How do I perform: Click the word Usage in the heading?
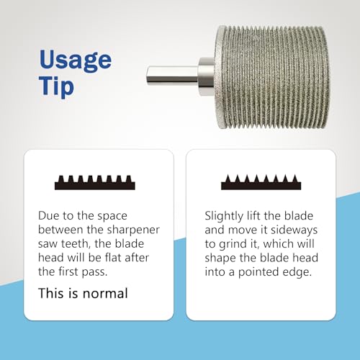[x=76, y=60]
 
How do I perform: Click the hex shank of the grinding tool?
[x=172, y=75]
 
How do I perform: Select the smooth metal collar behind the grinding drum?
[x=206, y=76]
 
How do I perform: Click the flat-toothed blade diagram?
[x=95, y=183]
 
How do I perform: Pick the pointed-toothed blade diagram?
[x=261, y=182]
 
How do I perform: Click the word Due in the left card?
[x=49, y=215]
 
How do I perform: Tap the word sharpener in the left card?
[x=133, y=230]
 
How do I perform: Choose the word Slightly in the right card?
[x=224, y=217]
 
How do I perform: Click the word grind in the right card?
[x=230, y=244]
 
